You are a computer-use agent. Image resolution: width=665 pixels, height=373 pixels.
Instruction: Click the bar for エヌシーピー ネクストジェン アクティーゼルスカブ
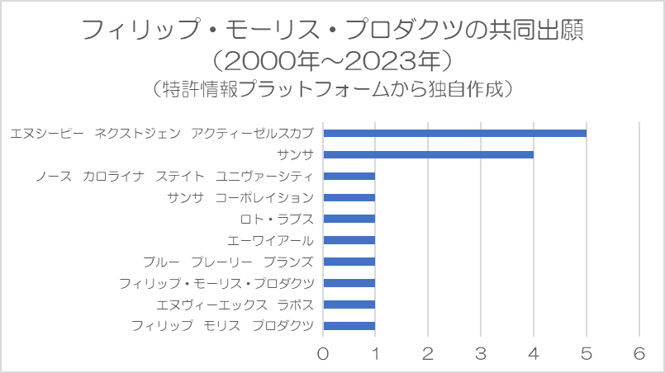[x=454, y=133]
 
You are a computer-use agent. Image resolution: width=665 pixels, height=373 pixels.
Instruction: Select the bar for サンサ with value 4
[x=428, y=154]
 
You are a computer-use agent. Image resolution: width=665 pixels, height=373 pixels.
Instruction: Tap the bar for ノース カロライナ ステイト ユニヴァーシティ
[x=349, y=176]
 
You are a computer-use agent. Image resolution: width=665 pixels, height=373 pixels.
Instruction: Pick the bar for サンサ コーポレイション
[x=349, y=197]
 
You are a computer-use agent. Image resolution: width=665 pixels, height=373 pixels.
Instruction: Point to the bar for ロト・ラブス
[x=349, y=219]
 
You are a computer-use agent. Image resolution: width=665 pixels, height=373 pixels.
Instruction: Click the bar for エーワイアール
[x=349, y=240]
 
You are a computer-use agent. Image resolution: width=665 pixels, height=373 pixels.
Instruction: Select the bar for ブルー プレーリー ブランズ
[x=349, y=262]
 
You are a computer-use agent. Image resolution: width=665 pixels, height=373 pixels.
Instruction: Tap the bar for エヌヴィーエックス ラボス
[x=349, y=305]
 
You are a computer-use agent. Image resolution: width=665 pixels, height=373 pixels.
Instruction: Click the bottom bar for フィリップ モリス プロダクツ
[x=349, y=326]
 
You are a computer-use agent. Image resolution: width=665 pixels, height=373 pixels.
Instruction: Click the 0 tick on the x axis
[x=323, y=353]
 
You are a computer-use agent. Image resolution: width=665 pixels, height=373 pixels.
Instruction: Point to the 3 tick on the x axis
[x=481, y=353]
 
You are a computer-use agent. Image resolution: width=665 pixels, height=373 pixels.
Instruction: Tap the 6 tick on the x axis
[x=639, y=353]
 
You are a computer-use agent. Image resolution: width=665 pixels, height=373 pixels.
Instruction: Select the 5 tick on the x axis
[x=587, y=353]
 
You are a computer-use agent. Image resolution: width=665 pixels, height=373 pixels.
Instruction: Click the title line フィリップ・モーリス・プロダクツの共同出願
[x=332, y=31]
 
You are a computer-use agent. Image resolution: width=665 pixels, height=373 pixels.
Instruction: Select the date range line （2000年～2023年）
[x=332, y=60]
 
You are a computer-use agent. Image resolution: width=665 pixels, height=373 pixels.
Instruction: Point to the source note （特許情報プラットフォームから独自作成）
[x=332, y=88]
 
